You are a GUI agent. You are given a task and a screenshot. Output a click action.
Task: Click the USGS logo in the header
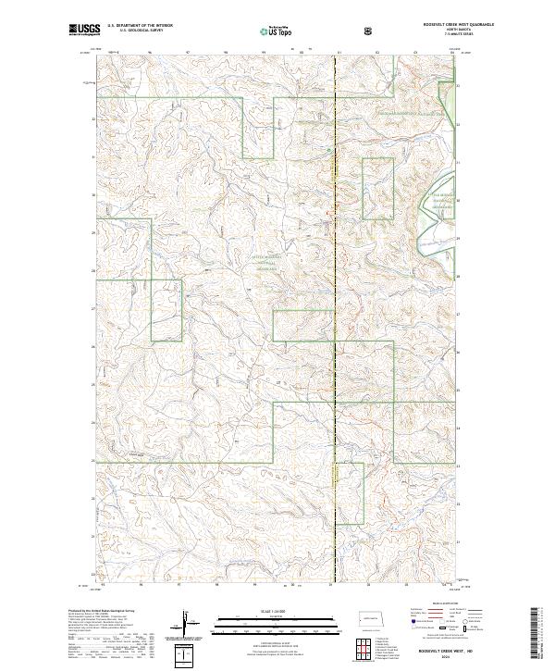click(84, 31)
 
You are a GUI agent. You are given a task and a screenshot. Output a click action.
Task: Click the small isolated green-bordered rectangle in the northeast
click(377, 188)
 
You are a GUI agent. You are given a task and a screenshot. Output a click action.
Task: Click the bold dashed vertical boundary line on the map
click(335, 324)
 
